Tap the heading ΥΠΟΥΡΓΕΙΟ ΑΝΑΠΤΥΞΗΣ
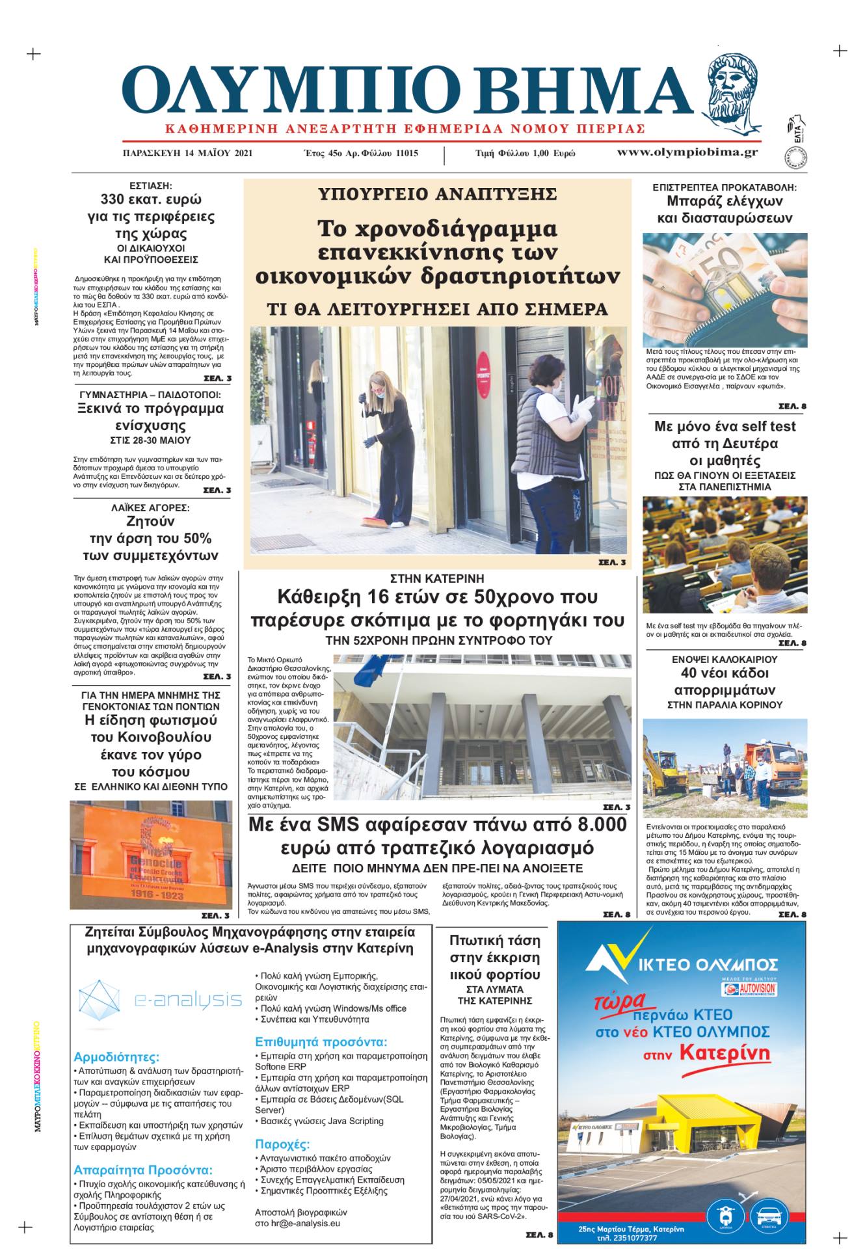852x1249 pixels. point(438,194)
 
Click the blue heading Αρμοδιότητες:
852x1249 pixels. point(116,1056)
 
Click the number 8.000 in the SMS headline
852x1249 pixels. point(601,825)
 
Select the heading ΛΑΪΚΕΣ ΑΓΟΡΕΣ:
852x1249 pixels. point(150,507)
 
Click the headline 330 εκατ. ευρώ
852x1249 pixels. point(150,200)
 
